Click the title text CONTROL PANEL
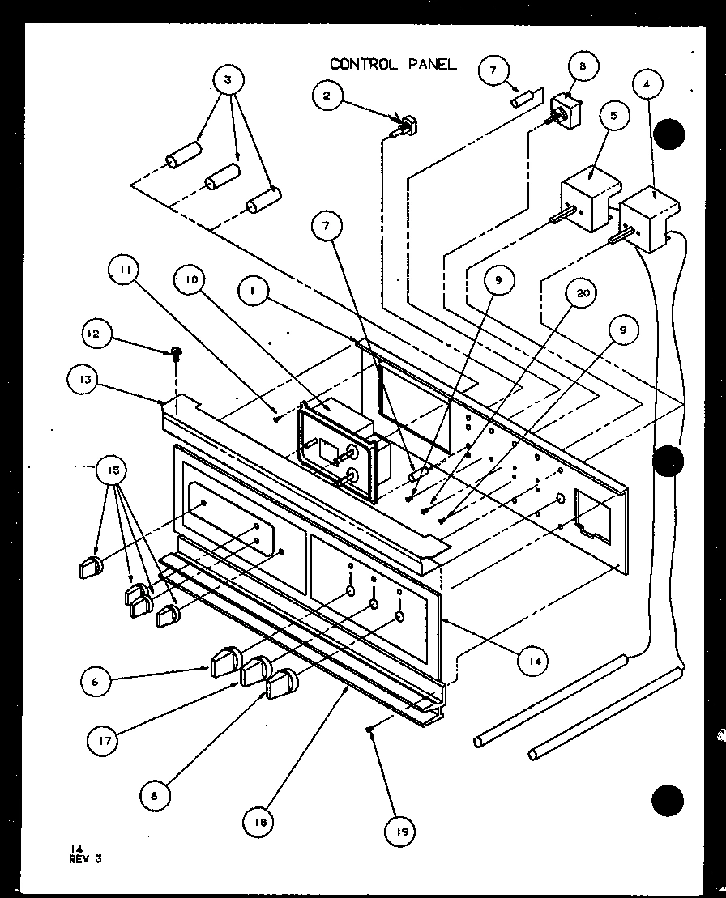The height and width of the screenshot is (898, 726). click(393, 64)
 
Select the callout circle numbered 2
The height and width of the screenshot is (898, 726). click(327, 96)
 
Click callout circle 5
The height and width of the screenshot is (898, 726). click(613, 116)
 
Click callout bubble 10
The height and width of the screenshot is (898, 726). click(191, 280)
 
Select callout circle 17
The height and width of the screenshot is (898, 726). click(105, 739)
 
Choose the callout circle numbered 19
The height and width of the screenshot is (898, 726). click(403, 830)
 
